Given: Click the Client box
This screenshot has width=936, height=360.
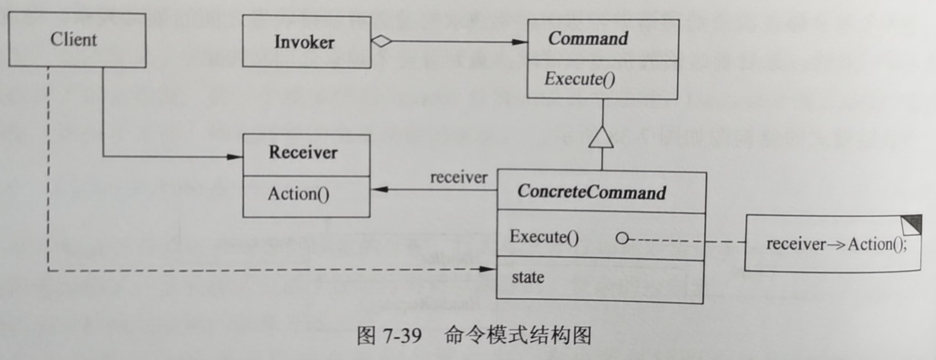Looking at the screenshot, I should (74, 40).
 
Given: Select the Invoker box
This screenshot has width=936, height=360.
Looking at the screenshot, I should (304, 42).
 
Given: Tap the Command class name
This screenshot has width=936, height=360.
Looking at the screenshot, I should (588, 39).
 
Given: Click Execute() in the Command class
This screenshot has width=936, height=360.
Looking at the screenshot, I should (579, 79).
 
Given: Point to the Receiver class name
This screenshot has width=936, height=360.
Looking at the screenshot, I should (303, 153).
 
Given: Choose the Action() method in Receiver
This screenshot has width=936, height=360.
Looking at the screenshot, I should (299, 194).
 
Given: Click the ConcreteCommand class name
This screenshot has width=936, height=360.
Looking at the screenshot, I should (592, 192).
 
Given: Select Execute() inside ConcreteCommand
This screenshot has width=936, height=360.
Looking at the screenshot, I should (544, 237).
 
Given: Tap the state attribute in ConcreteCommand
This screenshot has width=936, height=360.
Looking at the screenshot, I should (527, 277).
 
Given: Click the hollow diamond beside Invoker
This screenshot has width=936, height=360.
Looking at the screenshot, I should (381, 41).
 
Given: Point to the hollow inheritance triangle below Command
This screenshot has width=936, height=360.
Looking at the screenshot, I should (601, 137).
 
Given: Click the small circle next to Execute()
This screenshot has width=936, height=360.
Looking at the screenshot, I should (622, 238).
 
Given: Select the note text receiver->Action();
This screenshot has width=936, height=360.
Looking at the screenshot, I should (836, 244).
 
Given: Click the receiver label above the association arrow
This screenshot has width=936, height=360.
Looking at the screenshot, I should (459, 178).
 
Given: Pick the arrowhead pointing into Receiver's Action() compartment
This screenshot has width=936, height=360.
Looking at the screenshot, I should (378, 190).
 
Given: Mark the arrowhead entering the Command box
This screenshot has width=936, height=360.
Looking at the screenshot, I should (521, 41).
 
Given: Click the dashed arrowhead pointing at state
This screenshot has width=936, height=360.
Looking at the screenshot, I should (489, 269).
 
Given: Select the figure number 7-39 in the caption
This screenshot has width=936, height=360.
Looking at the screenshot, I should (402, 335).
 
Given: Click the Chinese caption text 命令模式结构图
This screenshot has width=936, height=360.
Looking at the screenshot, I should (518, 335).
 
